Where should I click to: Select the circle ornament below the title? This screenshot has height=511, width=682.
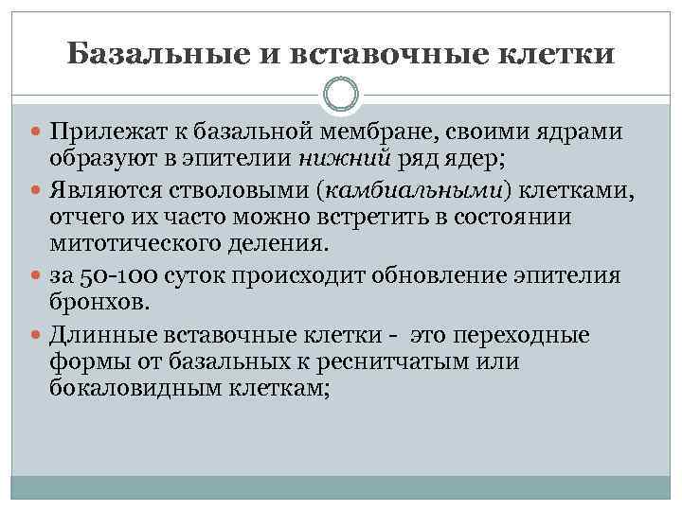point(341,94)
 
